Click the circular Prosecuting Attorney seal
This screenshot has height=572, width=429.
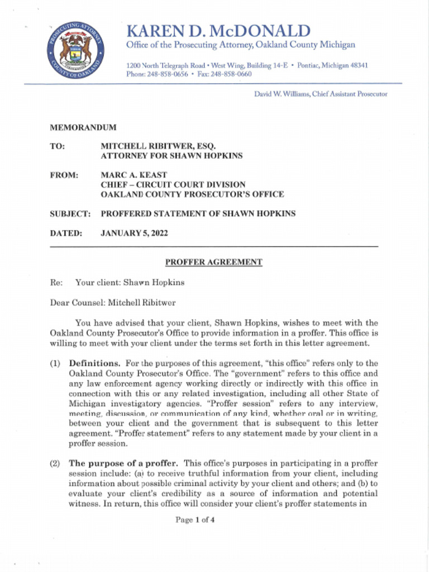pos(76,51)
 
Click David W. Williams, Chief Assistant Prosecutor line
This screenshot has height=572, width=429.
pos(320,94)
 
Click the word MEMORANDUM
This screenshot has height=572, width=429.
pos(83,128)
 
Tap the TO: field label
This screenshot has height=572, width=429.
pos(58,146)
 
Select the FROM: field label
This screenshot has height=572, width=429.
pos(64,175)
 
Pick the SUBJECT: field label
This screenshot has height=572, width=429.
pos(70,213)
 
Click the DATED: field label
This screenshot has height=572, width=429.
pos(66,233)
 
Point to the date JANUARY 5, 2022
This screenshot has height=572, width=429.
pos(134,233)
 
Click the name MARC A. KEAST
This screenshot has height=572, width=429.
pos(134,175)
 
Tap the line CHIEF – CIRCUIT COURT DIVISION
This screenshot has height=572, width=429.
pos(173,185)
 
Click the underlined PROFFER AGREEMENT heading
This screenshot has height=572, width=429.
pos(213,262)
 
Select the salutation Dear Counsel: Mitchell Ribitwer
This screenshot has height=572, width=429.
pos(113,303)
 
